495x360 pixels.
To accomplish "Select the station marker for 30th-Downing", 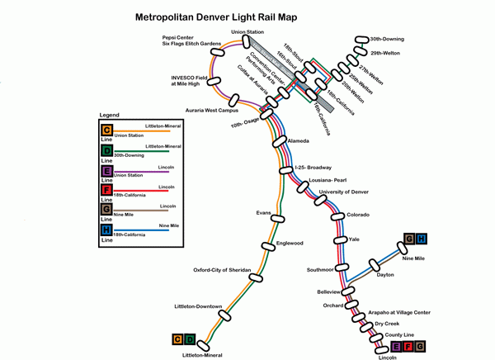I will (360, 40).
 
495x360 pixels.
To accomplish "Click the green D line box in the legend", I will (106, 150).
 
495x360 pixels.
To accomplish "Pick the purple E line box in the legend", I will (106, 172).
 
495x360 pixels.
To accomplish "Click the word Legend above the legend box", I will (111, 113).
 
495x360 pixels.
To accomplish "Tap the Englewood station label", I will (290, 243).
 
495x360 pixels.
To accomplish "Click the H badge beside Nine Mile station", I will (422, 239).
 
